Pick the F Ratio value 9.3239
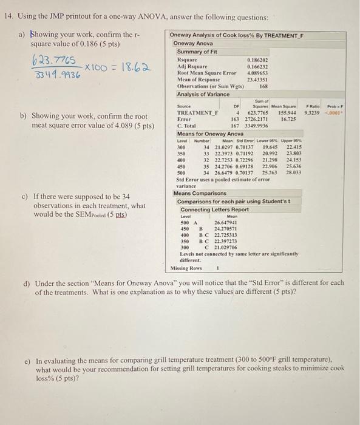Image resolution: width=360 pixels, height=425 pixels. (314, 113)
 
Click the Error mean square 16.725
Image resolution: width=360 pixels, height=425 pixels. (288, 120)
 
